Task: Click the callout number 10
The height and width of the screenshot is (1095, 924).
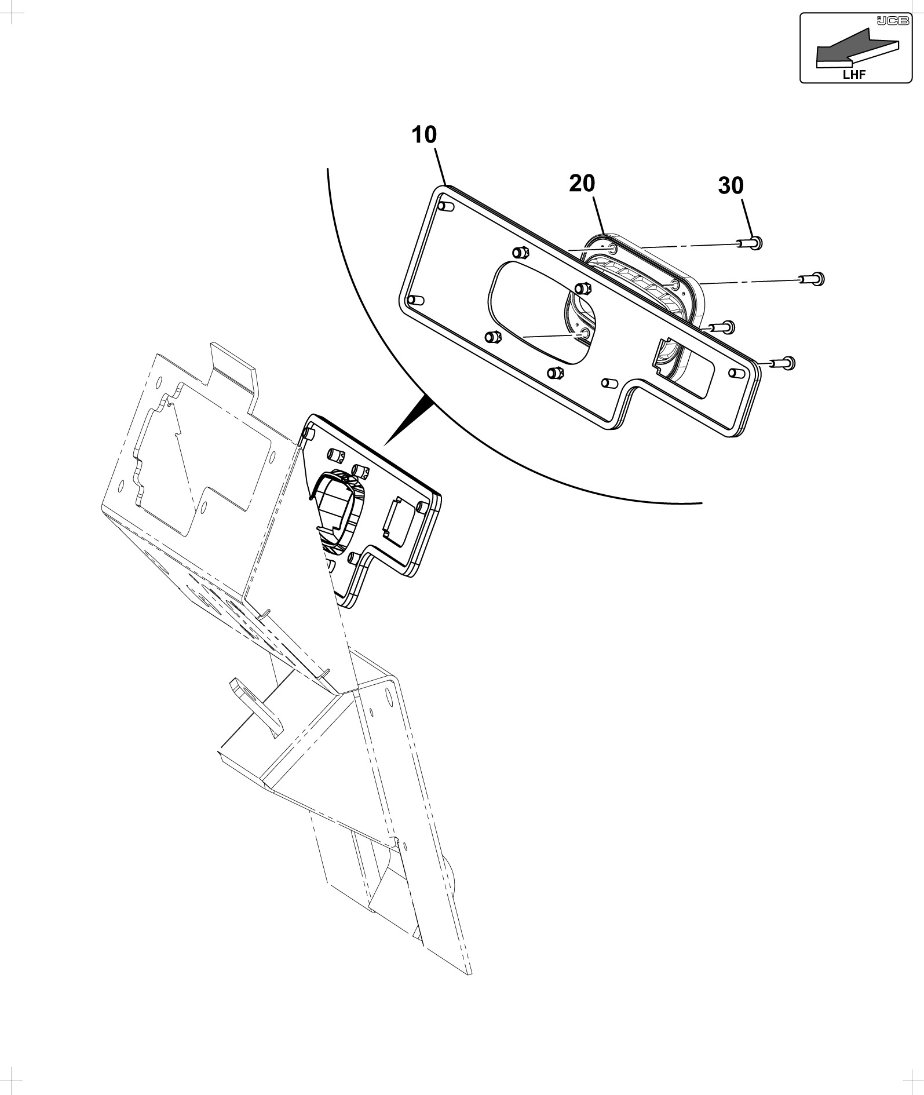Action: point(425,135)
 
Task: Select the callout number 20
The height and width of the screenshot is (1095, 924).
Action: point(582,183)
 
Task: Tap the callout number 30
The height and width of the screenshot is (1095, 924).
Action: point(731,185)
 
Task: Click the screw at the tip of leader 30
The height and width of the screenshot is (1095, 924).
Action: point(750,243)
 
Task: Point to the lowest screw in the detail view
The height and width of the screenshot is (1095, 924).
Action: point(783,363)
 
